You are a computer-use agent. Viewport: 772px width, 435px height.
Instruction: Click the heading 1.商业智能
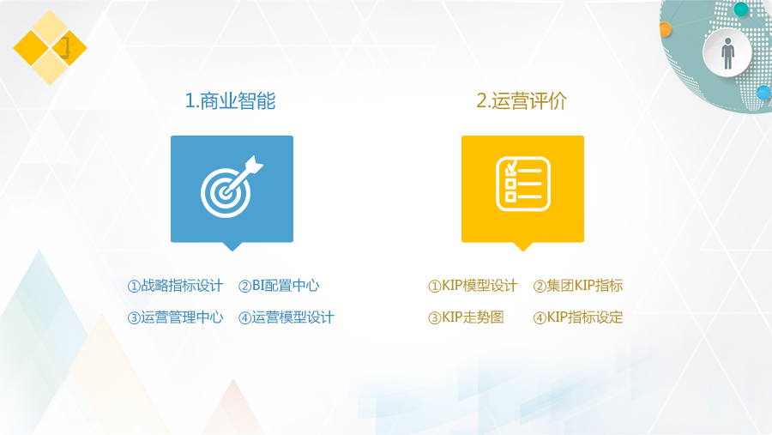(230, 101)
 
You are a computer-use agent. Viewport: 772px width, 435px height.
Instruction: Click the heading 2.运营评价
(522, 101)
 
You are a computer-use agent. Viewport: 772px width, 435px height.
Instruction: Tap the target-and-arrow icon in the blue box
(232, 187)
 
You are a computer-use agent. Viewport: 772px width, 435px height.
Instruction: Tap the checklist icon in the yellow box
(523, 184)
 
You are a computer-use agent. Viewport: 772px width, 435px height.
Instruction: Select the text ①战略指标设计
(175, 286)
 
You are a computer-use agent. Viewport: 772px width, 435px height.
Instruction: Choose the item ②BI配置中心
(279, 286)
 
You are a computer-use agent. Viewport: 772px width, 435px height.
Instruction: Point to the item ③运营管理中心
(175, 317)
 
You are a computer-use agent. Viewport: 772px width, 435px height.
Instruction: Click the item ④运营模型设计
(286, 317)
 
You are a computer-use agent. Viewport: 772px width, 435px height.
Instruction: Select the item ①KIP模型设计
(473, 286)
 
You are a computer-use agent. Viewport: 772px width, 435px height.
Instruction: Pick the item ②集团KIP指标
(578, 286)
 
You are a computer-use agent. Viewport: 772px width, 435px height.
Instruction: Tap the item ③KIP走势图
(466, 317)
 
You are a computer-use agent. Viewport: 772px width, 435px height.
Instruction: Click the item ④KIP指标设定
(578, 317)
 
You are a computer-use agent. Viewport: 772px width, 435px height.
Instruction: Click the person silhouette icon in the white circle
(727, 53)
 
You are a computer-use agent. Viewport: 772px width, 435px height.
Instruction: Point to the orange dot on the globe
(665, 29)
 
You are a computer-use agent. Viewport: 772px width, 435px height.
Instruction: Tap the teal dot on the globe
(741, 9)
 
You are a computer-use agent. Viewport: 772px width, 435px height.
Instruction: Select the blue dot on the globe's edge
(763, 92)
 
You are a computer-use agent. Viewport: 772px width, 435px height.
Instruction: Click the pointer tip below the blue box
(232, 251)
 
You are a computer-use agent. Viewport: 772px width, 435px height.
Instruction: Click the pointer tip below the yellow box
(523, 251)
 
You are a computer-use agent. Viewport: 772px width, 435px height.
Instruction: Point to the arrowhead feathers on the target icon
(254, 165)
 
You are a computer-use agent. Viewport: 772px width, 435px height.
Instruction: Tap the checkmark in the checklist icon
(511, 167)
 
